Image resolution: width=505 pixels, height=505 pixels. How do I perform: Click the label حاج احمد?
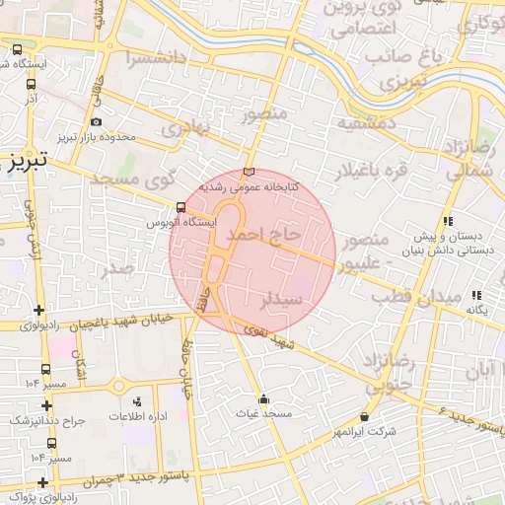coord(262,236)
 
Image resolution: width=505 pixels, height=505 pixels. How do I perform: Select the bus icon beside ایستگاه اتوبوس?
coord(180,208)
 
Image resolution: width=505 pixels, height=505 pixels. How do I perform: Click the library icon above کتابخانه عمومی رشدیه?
coord(248,172)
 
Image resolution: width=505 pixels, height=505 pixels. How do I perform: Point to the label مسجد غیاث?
coord(263,414)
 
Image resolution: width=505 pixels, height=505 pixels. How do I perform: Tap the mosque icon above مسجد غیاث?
coord(263,399)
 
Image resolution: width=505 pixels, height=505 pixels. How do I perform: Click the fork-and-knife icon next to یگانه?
coord(477,295)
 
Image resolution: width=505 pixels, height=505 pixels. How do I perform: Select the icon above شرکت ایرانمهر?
coord(365,416)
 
